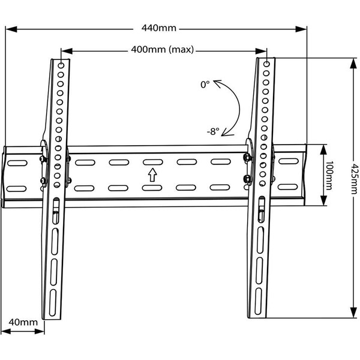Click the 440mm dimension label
(x=159, y=28)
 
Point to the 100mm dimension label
(x=329, y=176)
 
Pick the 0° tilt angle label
(x=205, y=85)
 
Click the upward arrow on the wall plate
(x=152, y=175)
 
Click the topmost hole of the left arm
(x=63, y=64)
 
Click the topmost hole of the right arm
(x=265, y=62)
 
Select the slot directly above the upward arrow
(x=152, y=163)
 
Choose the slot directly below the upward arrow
(x=152, y=188)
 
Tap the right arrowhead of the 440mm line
(x=304, y=28)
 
